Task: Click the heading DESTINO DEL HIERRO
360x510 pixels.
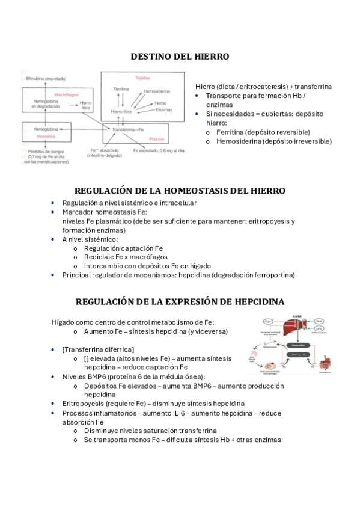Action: click(180, 57)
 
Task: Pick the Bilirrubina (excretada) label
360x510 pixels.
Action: click(46, 78)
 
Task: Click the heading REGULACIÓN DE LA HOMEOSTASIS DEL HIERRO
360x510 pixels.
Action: click(180, 191)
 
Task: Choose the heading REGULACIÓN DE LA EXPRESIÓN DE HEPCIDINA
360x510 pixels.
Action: click(180, 301)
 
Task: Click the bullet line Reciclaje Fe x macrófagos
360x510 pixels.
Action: click(126, 257)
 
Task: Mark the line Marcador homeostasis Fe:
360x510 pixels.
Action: click(105, 212)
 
